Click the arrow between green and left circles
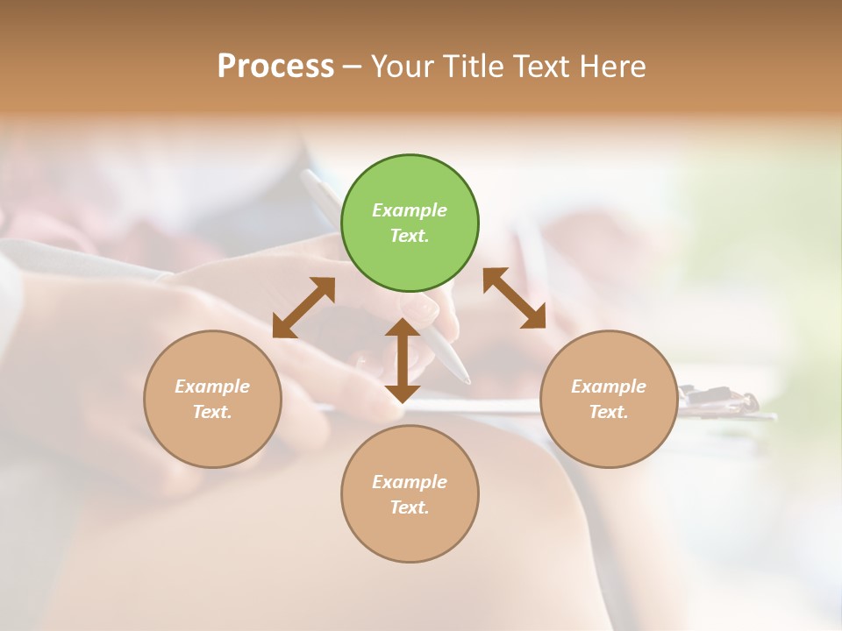(x=303, y=308)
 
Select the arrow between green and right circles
(x=515, y=298)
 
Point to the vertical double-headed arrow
(x=403, y=361)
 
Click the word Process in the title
(x=275, y=67)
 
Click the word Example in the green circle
(x=410, y=210)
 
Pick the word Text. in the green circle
(x=410, y=236)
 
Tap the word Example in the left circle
(x=212, y=386)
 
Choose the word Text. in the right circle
(x=609, y=412)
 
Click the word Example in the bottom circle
(x=410, y=482)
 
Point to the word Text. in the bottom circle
(x=410, y=507)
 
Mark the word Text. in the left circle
(x=212, y=412)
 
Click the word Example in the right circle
(x=609, y=386)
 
